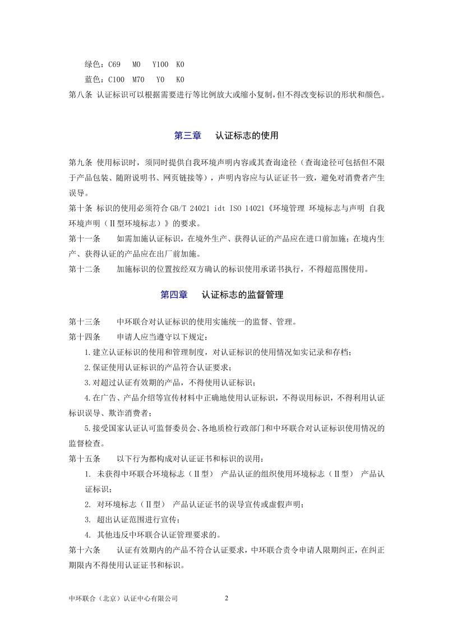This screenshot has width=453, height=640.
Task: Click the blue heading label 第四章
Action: (x=174, y=294)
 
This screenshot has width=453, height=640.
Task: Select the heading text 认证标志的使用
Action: (x=247, y=136)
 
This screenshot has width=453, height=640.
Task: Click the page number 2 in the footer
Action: (x=227, y=598)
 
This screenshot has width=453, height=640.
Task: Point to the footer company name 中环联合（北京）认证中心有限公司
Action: (x=123, y=599)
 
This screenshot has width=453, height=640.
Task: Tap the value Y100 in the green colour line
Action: (x=160, y=65)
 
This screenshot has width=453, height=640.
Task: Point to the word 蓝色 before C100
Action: (x=93, y=80)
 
